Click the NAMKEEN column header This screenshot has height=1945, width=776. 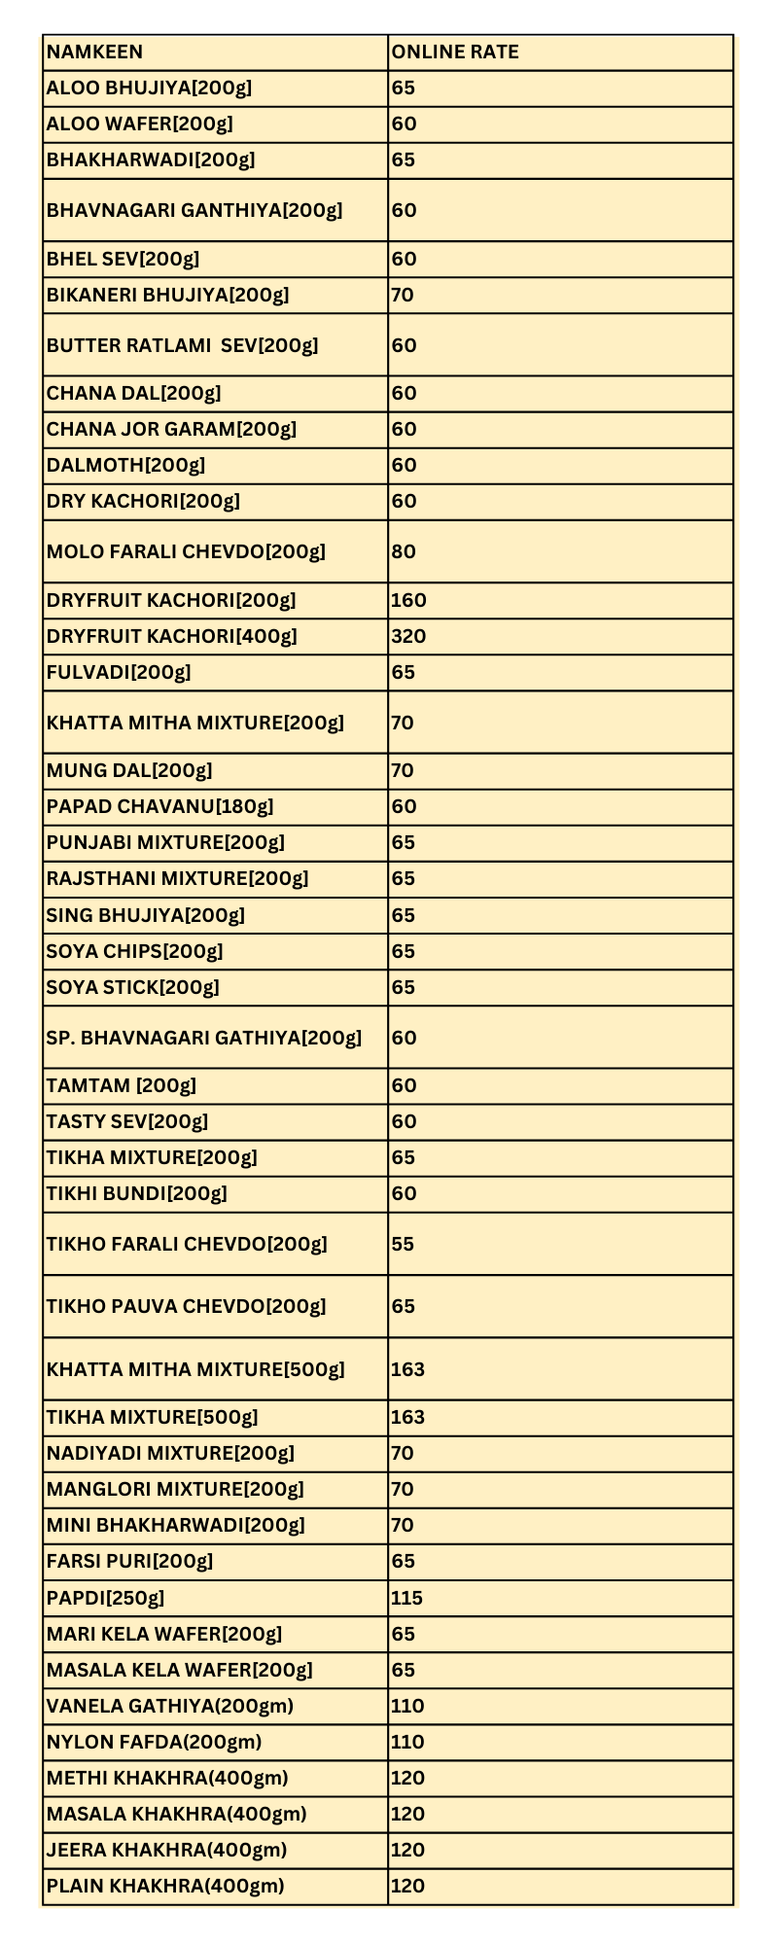(x=94, y=53)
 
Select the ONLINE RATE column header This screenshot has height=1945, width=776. (x=454, y=53)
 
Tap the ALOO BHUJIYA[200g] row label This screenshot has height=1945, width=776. (x=149, y=88)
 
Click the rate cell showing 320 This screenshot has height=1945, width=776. (x=408, y=637)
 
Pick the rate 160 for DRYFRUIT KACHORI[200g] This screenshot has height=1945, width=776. (x=408, y=601)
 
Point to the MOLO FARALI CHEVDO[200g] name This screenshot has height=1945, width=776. (x=186, y=552)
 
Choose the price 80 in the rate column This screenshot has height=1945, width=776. (x=404, y=552)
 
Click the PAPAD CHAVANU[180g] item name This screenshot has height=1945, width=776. (x=159, y=807)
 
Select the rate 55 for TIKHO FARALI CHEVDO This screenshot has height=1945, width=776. (x=403, y=1244)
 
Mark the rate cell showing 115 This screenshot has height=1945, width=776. (x=406, y=1598)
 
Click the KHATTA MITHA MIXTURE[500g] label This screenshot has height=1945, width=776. (x=195, y=1370)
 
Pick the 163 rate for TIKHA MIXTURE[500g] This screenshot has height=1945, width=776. (x=407, y=1417)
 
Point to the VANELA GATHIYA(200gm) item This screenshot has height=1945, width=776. (x=169, y=1706)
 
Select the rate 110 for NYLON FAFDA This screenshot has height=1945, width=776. (x=407, y=1742)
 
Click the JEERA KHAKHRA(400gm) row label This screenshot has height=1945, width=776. (x=166, y=1850)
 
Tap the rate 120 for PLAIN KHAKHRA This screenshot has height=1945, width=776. (x=407, y=1886)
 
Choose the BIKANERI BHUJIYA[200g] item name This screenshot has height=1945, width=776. (x=167, y=295)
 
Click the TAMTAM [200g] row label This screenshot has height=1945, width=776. (x=121, y=1085)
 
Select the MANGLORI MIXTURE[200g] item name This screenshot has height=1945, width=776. (x=175, y=1489)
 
